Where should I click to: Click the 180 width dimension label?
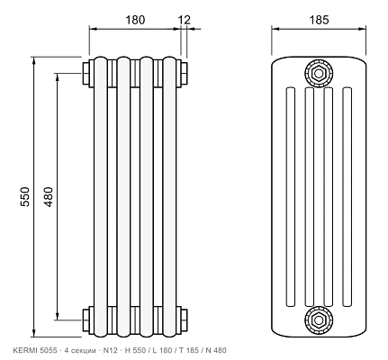click(x=135, y=20)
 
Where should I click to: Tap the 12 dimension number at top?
click(x=185, y=20)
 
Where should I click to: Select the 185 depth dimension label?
click(x=320, y=20)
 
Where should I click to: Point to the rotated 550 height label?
click(x=25, y=196)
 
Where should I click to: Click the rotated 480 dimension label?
click(x=49, y=196)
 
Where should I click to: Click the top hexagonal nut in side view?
click(x=319, y=73)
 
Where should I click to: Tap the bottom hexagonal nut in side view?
click(x=319, y=319)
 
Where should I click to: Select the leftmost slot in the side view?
click(x=290, y=197)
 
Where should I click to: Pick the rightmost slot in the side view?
click(x=347, y=197)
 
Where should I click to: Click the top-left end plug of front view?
click(x=86, y=73)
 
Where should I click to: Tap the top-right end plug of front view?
click(x=185, y=73)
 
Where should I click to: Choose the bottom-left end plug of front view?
click(x=86, y=319)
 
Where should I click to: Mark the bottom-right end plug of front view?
click(x=185, y=319)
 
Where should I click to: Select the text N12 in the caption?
click(x=111, y=350)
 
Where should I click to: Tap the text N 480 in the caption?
click(x=216, y=350)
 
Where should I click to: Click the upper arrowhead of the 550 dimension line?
click(x=34, y=60)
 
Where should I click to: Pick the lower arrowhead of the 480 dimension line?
click(x=58, y=316)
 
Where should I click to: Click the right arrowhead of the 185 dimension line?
click(x=362, y=29)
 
